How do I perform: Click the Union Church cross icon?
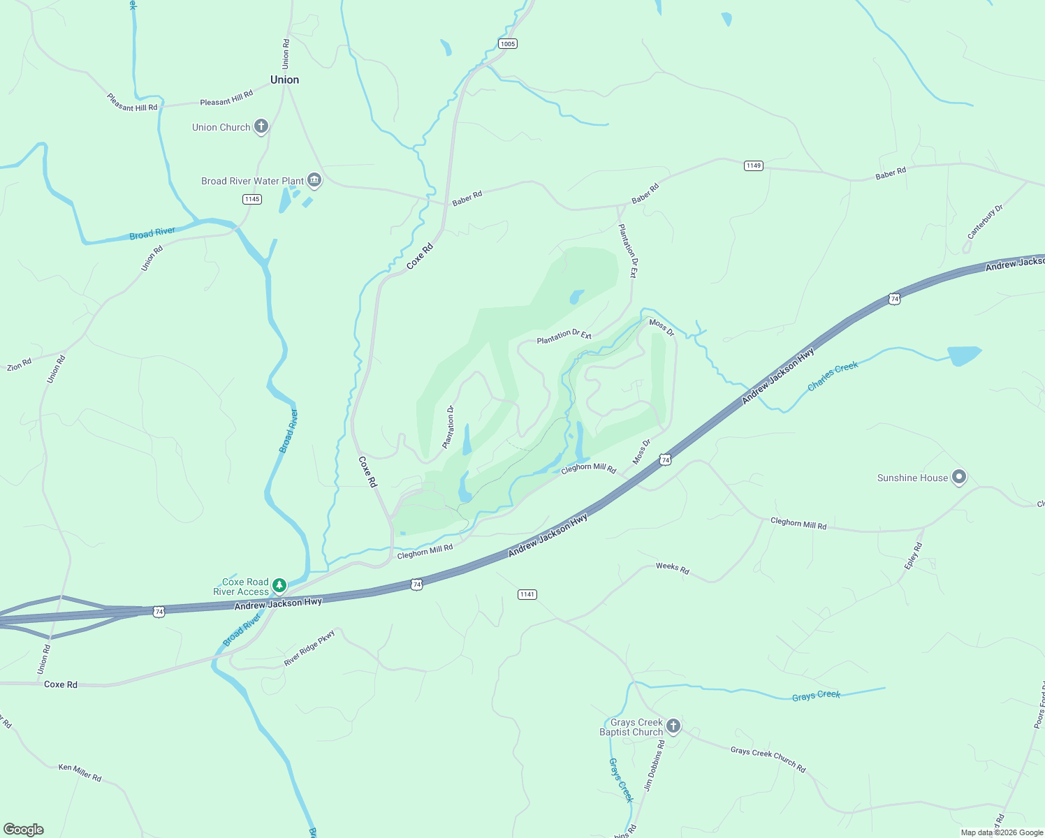click(x=261, y=126)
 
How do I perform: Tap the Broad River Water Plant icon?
click(x=314, y=181)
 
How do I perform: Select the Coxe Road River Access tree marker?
click(x=279, y=585)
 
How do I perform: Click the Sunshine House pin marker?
click(x=959, y=478)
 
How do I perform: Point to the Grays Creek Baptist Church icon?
click(x=673, y=726)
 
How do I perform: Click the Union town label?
click(x=284, y=80)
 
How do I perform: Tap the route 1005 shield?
click(x=508, y=44)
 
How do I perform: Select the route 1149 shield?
click(x=753, y=166)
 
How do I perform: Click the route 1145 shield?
click(x=252, y=199)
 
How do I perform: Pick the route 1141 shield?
click(x=527, y=594)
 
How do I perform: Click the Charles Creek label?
click(x=833, y=376)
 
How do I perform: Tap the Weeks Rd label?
click(x=672, y=568)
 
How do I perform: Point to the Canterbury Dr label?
click(x=985, y=222)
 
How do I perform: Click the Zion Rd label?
click(x=20, y=365)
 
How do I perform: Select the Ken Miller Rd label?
click(x=80, y=772)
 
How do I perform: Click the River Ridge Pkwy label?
click(x=309, y=648)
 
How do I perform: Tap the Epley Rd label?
click(x=913, y=556)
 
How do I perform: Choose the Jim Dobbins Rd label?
click(x=655, y=765)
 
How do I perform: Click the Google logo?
click(x=24, y=830)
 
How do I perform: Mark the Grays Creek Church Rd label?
click(x=768, y=759)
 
